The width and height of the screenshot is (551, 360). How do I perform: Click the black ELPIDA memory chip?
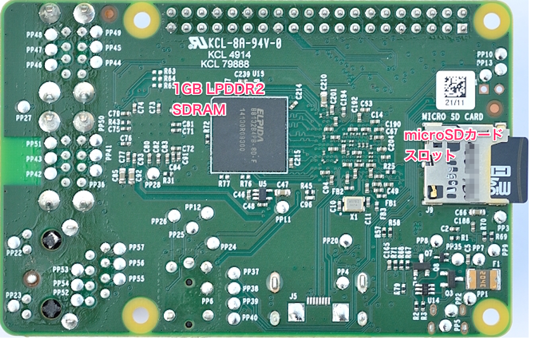coord(249,135)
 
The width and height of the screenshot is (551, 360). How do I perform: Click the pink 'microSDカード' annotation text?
coord(453,135)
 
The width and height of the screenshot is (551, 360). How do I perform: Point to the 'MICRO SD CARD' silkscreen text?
coord(453,117)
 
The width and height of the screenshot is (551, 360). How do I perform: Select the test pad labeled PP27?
coord(23,106)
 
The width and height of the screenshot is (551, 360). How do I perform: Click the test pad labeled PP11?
coord(283,207)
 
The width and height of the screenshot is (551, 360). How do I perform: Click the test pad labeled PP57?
coord(120,248)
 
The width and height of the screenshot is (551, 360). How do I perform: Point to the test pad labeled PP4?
coord(342,283)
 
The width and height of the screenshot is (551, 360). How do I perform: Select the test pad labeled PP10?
coord(500,53)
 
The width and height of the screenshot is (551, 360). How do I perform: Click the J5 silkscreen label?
coord(294,296)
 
